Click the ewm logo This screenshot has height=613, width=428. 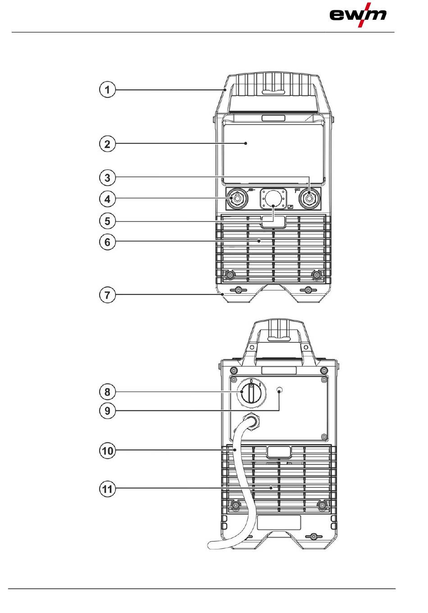(x=358, y=15)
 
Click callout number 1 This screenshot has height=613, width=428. (x=107, y=89)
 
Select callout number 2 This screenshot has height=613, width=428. (x=107, y=144)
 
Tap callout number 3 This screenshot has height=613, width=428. (x=107, y=178)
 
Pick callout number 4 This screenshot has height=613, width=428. (x=107, y=199)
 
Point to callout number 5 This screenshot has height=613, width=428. (x=107, y=221)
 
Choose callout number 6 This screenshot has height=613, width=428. (x=107, y=242)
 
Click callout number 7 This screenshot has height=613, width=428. (x=107, y=295)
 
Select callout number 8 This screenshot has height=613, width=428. (x=107, y=392)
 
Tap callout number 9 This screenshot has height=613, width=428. (x=107, y=411)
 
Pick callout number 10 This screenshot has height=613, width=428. (x=107, y=451)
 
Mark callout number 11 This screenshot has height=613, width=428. (x=107, y=489)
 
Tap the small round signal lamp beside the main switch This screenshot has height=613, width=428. (x=280, y=390)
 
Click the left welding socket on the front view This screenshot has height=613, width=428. (x=236, y=199)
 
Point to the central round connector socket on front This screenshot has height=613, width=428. (x=273, y=198)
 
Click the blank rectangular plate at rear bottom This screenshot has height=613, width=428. (x=278, y=522)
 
